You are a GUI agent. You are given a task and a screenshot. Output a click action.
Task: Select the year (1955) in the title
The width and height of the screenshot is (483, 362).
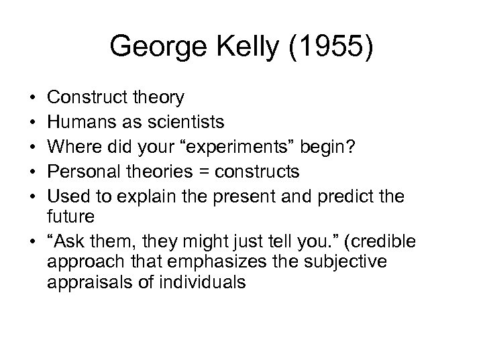(333, 48)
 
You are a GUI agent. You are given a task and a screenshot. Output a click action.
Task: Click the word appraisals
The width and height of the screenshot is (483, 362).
(90, 282)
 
